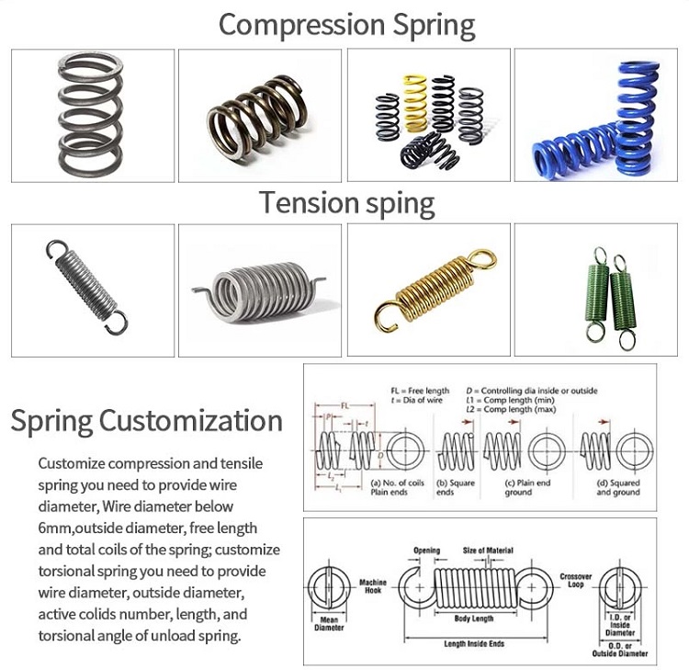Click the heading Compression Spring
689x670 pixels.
[x=346, y=25]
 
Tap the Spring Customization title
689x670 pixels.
[x=146, y=421]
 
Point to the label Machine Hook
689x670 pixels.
[x=373, y=587]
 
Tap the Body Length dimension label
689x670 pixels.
[x=470, y=619]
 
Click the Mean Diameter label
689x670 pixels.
[x=328, y=625]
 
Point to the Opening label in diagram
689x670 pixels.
[x=425, y=551]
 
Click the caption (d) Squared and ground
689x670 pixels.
[x=617, y=487]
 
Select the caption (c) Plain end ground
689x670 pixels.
[x=531, y=487]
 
